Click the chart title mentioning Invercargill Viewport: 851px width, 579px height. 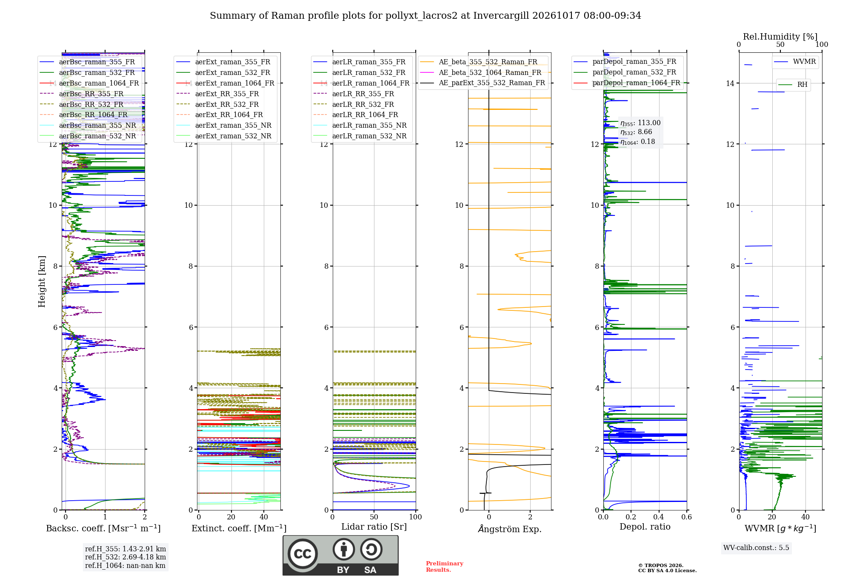(x=425, y=16)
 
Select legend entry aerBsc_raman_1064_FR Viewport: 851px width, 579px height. (x=89, y=83)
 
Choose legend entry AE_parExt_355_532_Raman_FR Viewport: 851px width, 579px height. (x=483, y=83)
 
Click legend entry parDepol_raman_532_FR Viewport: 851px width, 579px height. (x=625, y=72)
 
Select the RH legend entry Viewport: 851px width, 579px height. (x=793, y=85)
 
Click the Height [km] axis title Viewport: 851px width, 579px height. (x=42, y=281)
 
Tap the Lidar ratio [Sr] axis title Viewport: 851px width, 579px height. (x=374, y=527)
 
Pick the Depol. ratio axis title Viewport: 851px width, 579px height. (x=645, y=527)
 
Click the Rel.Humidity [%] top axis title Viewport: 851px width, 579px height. (x=780, y=37)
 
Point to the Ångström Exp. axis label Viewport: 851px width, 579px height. (x=510, y=529)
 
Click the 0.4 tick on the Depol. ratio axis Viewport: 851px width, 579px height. (x=659, y=517)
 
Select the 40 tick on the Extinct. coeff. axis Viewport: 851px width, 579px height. (x=264, y=517)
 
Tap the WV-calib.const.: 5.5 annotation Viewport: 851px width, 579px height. (x=756, y=547)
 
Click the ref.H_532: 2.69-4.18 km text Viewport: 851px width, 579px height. (x=126, y=557)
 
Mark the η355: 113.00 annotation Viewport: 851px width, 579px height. (x=640, y=123)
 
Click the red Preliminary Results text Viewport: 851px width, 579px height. (x=445, y=567)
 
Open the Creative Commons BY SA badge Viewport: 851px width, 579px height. (x=340, y=555)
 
